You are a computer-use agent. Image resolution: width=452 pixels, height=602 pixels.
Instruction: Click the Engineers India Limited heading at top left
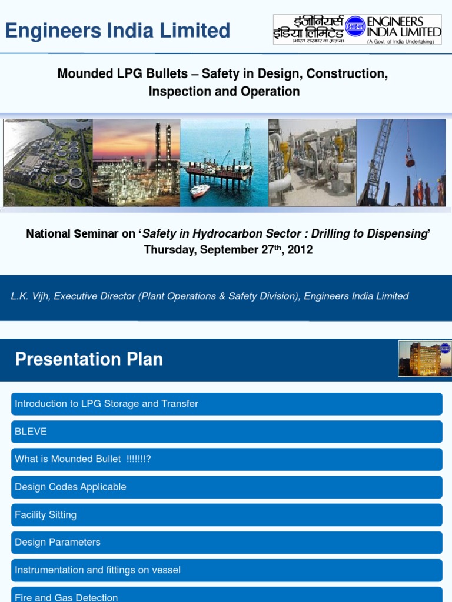point(117,31)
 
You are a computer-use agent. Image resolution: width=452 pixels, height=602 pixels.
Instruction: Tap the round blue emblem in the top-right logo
point(355,28)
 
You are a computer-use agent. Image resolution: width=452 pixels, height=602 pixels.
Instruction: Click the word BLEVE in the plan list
point(31,432)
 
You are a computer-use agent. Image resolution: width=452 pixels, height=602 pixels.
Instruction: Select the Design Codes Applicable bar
point(227,487)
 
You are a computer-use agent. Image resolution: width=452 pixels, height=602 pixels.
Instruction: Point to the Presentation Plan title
point(89,359)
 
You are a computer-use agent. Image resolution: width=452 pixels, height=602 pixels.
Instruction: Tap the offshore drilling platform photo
point(224,163)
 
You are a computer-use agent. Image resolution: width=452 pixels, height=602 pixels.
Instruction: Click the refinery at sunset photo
point(136,163)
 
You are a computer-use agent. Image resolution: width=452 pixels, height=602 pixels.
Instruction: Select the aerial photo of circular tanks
point(48,163)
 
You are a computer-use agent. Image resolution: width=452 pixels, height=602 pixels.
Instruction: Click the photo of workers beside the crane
point(401,163)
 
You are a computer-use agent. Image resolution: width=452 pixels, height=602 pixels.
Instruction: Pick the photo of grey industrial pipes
point(312,163)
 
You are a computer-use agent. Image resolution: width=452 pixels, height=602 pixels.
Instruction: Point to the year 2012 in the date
point(300,250)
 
